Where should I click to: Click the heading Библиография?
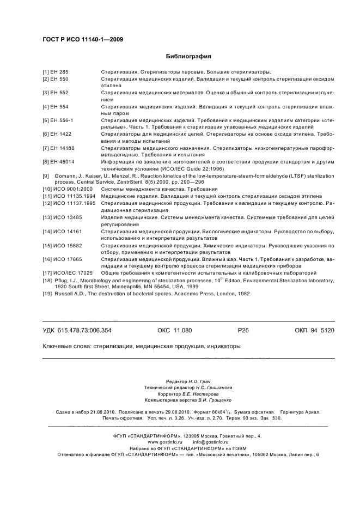coord(188,56)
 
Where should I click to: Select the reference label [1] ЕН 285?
coord(56,72)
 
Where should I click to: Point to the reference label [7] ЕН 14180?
coord(59,148)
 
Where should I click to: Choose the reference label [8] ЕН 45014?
coord(59,162)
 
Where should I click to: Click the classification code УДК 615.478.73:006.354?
coord(77,331)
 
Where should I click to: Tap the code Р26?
coord(243,331)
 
